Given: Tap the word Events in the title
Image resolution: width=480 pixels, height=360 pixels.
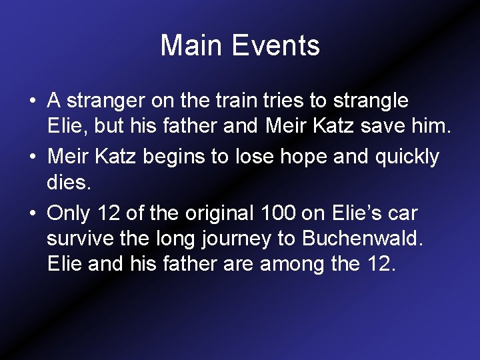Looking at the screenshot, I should click(275, 46).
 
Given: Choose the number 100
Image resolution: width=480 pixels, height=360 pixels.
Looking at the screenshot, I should click(274, 213).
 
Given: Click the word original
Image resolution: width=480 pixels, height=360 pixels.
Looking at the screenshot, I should click(208, 213).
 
